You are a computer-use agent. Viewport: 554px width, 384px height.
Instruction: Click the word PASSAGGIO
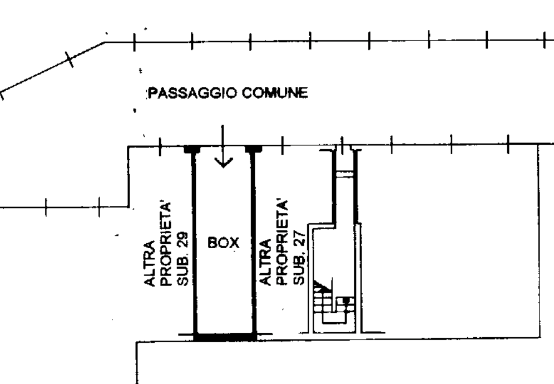tap(192, 93)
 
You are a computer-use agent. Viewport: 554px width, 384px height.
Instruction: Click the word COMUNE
tap(275, 93)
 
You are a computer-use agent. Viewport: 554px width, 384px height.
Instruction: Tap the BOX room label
tap(223, 243)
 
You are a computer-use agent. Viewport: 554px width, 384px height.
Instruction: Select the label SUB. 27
tap(299, 258)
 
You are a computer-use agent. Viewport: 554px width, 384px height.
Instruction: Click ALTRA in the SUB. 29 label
tap(150, 263)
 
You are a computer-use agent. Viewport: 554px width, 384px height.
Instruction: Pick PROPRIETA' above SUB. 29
tap(166, 244)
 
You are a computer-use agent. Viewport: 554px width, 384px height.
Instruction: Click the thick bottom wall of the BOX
tap(225, 337)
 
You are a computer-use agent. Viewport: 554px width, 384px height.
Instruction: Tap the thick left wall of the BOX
tap(194, 242)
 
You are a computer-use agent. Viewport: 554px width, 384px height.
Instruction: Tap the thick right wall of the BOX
tap(253, 242)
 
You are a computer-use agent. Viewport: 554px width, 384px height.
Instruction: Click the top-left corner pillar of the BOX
tap(192, 149)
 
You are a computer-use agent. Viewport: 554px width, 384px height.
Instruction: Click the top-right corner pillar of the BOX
tap(254, 149)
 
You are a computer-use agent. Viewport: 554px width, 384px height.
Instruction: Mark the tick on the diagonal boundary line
tap(70, 59)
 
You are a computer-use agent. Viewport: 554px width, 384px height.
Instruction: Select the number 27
tap(299, 239)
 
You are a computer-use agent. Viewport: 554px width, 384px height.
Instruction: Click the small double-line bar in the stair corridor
tap(344, 174)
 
